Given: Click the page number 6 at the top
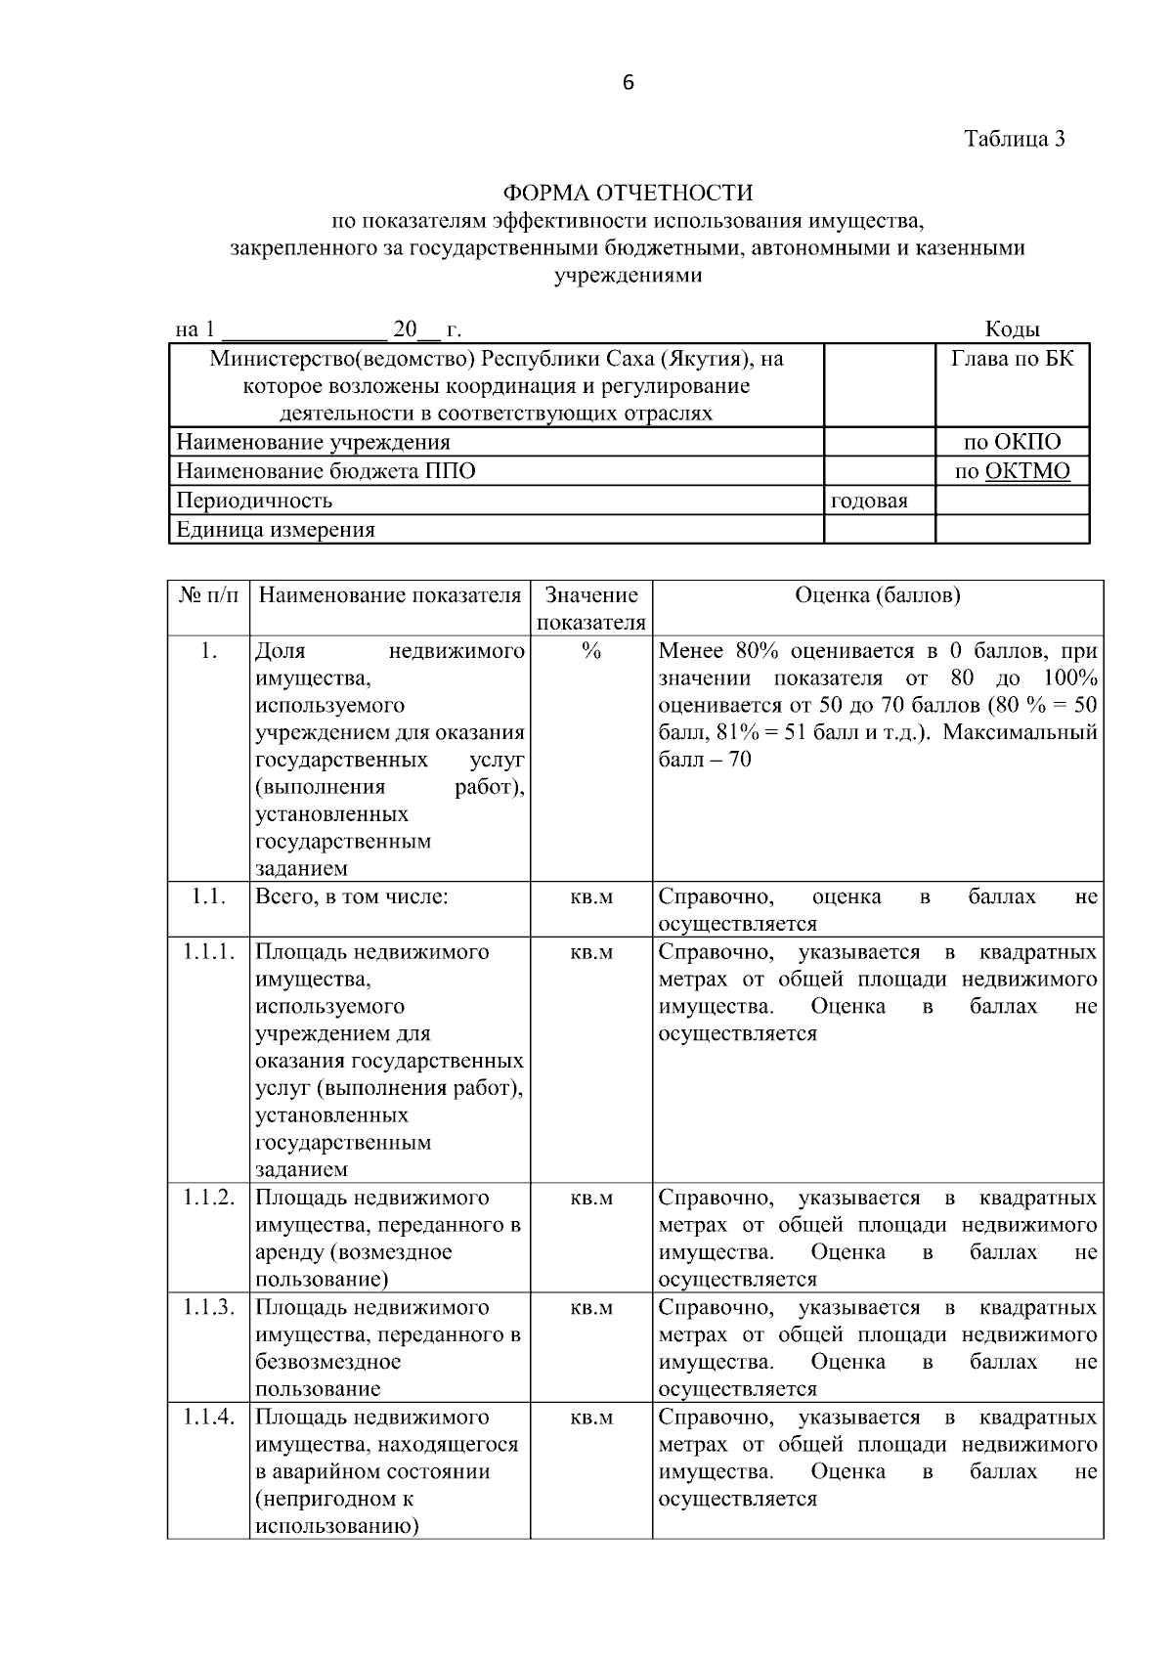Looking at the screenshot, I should coord(628,83).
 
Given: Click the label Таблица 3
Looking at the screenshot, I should coord(1014,139).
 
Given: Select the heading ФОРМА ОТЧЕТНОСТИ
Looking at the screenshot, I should coord(628,193).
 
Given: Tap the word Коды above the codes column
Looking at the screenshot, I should coord(1012,329).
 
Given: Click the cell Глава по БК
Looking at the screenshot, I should coord(1012,359).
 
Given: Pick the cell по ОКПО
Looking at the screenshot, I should coord(1012,442).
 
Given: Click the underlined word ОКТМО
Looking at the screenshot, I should coord(1026,471).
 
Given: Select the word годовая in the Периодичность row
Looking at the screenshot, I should coord(869,501).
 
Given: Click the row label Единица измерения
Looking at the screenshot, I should coord(276,530).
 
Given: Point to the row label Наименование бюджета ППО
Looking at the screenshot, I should coord(326,471).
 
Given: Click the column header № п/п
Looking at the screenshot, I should coord(208,595).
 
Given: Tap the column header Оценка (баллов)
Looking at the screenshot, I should coord(877,595).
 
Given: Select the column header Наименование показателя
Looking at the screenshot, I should coord(389,595).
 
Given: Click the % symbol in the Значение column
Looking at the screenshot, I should coord(590,651).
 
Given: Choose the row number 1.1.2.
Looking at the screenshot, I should coord(208,1198).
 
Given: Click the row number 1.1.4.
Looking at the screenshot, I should coord(208,1417).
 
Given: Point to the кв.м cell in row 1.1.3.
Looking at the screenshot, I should coord(590,1308).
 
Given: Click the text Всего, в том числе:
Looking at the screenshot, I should coord(352,896).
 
